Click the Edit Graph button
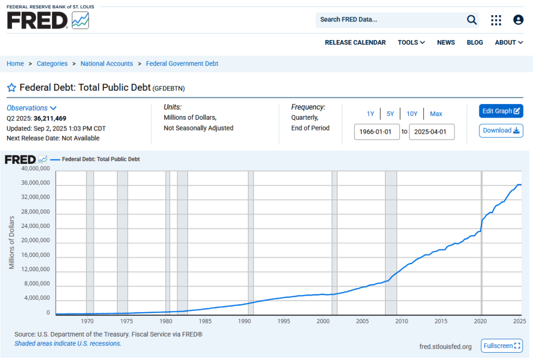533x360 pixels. pyautogui.click(x=501, y=111)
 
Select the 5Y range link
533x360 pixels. pyautogui.click(x=390, y=114)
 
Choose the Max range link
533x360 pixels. pyautogui.click(x=436, y=114)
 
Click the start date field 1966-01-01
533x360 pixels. pyautogui.click(x=377, y=132)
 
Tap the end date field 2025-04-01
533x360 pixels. pyautogui.click(x=432, y=132)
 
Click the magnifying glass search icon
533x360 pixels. pyautogui.click(x=472, y=20)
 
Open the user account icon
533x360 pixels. pyautogui.click(x=518, y=20)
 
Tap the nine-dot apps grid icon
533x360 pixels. pyautogui.click(x=496, y=20)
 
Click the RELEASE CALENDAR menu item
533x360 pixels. pyautogui.click(x=355, y=43)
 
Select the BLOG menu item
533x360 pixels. pyautogui.click(x=475, y=43)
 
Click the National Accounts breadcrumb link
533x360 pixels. pyautogui.click(x=107, y=63)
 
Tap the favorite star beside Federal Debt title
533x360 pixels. pyautogui.click(x=11, y=87)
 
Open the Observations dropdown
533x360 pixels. pyautogui.click(x=31, y=108)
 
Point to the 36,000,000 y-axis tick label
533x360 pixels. pyautogui.click(x=35, y=183)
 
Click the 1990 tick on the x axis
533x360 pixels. pyautogui.click(x=245, y=321)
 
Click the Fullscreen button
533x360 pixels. pyautogui.click(x=502, y=346)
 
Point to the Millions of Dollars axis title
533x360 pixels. pyautogui.click(x=11, y=242)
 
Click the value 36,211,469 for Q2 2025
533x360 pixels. pyautogui.click(x=50, y=119)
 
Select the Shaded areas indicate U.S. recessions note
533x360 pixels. pyautogui.click(x=68, y=343)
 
